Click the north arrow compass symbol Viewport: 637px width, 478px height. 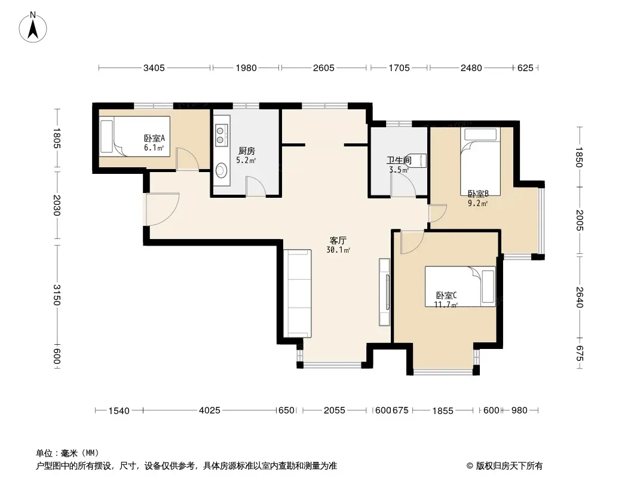(33, 27)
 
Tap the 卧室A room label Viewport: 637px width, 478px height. (154, 139)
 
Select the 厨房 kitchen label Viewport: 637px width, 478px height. (247, 151)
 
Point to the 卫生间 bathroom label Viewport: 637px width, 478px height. (399, 160)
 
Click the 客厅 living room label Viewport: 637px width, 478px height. (338, 241)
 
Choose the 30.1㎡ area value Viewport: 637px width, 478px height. (338, 250)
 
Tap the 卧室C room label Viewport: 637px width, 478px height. (446, 296)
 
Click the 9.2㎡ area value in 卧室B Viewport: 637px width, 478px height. (478, 204)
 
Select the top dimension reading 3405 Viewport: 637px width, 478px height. (154, 68)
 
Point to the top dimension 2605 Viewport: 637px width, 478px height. (324, 68)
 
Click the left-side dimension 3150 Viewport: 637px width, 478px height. (57, 295)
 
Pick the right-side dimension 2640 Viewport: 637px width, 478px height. (579, 298)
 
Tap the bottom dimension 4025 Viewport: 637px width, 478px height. (210, 410)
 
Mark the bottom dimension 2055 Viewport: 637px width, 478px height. (335, 410)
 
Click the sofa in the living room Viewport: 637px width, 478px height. (298, 293)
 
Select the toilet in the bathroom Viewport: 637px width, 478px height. (421, 161)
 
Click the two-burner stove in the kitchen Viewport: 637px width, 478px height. (220, 135)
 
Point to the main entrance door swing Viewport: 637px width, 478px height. (163, 209)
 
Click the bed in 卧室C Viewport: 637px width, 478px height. (460, 286)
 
